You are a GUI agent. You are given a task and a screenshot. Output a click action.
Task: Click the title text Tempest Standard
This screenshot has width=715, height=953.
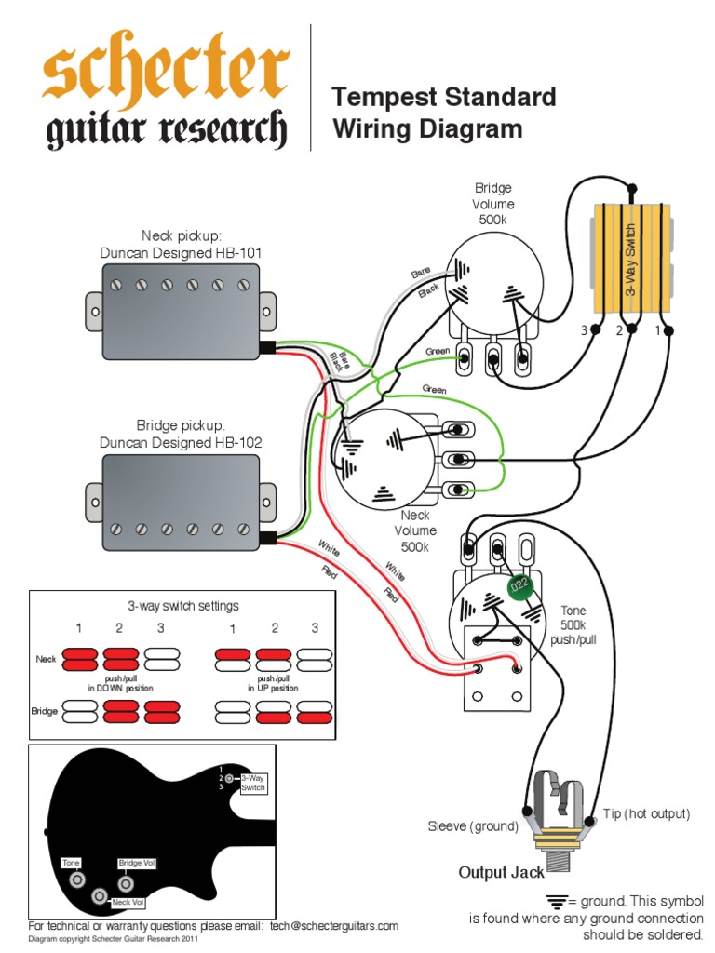(x=444, y=97)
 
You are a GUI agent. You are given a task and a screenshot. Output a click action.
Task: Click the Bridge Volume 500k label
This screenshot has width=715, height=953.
(x=492, y=204)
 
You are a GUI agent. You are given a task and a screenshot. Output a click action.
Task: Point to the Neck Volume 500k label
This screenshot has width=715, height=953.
(x=414, y=530)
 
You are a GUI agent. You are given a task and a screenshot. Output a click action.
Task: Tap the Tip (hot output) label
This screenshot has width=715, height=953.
(x=646, y=813)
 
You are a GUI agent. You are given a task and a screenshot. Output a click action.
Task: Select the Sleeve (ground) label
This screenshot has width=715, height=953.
(x=471, y=826)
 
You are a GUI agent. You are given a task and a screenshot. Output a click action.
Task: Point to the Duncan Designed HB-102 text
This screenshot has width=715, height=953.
(x=181, y=443)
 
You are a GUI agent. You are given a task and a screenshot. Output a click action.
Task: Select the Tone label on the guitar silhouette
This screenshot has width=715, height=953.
(x=72, y=863)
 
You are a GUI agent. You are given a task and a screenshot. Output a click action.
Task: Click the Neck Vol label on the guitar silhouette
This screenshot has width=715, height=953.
(x=128, y=902)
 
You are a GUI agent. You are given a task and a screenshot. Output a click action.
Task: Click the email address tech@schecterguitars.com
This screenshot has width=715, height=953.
(x=334, y=926)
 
